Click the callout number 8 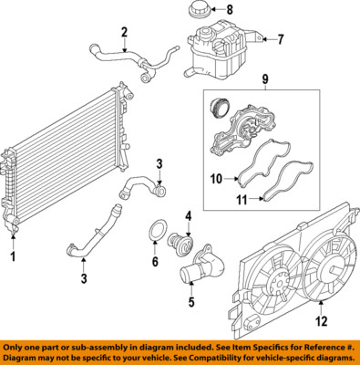tap(230, 10)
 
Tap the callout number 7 tap(280, 39)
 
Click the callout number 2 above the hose tap(124, 32)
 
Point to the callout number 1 tap(13, 256)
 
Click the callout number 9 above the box tap(265, 79)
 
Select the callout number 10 tap(216, 179)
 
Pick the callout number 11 tap(242, 200)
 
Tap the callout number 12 tap(322, 321)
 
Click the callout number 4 tap(189, 216)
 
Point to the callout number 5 tap(191, 301)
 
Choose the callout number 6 tap(155, 261)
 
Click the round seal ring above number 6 tap(158, 231)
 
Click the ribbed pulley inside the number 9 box tap(220, 109)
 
